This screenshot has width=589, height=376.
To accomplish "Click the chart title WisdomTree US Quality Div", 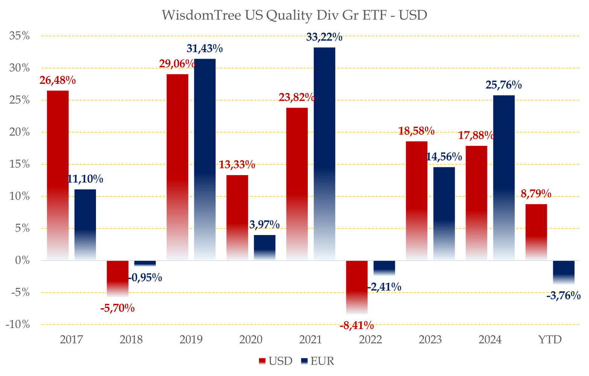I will pyautogui.click(x=294, y=15).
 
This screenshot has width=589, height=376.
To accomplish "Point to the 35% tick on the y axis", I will pyautogui.click(x=19, y=36).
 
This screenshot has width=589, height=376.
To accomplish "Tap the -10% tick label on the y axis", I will pyautogui.click(x=18, y=324).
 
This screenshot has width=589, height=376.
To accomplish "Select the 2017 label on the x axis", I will pyautogui.click(x=72, y=340).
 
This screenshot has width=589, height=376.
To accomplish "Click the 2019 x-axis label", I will pyautogui.click(x=191, y=340).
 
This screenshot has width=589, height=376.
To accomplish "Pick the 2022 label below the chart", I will pyautogui.click(x=370, y=340).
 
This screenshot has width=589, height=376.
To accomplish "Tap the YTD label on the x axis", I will pyautogui.click(x=550, y=340).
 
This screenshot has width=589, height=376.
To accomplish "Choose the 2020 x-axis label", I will pyautogui.click(x=251, y=340).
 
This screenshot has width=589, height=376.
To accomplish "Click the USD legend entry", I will pyautogui.click(x=275, y=362).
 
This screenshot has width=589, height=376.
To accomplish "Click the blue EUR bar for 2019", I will pyautogui.click(x=205, y=158).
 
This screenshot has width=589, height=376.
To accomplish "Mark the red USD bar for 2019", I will pyautogui.click(x=178, y=165).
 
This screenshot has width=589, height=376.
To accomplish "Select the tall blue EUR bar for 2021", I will pyautogui.click(x=324, y=150).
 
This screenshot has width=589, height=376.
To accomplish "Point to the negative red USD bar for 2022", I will pyautogui.click(x=357, y=288).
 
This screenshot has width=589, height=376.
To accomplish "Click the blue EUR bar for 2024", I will pyautogui.click(x=504, y=177).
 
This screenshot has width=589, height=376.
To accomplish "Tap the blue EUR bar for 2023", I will pyautogui.click(x=444, y=211).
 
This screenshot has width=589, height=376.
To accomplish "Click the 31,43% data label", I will pyautogui.click(x=205, y=49).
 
